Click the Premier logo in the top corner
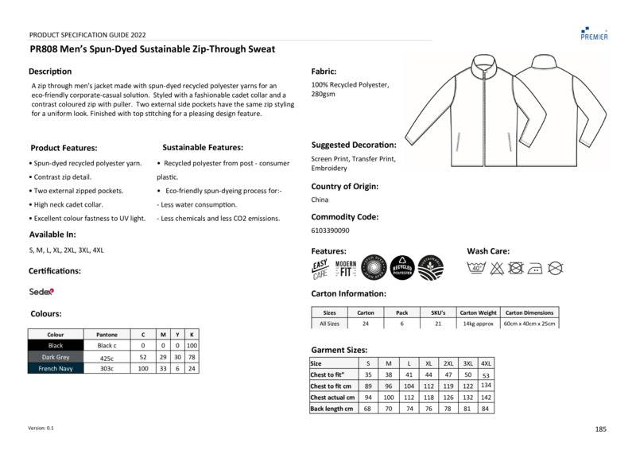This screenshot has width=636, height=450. tap(595, 32)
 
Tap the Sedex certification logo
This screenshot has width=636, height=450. tap(41, 291)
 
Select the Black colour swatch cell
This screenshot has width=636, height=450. tap(56, 346)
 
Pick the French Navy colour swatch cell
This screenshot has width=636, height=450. tap(56, 369)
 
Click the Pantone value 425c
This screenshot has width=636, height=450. tap(107, 358)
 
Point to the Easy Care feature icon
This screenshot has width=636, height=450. tap(320, 269)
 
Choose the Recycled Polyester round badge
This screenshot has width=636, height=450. tap(401, 268)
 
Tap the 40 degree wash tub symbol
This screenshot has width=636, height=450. tap(477, 269)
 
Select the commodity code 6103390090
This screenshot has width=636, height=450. tap(331, 231)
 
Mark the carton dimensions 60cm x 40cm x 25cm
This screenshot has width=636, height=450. tap(529, 324)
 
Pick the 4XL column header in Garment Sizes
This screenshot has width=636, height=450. tap(486, 363)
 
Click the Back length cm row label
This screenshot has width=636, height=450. tap(332, 409)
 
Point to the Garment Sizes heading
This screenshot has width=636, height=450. tap(339, 350)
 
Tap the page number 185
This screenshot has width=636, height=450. tap(600, 429)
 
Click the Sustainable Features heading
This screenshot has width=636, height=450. tap(203, 147)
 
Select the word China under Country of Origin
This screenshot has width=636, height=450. tap(320, 200)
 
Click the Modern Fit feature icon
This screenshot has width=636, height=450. tap(346, 269)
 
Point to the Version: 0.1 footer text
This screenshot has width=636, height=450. tap(41, 428)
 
